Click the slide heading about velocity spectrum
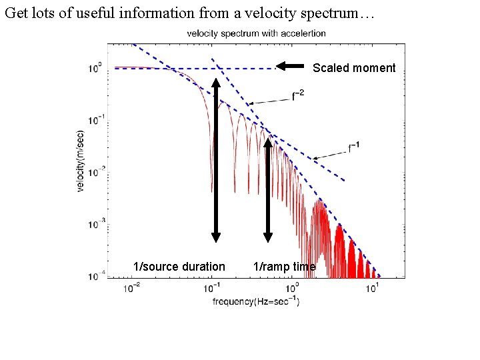point(190,13)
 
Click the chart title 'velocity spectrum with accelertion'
point(256,33)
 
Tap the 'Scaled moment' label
point(354,67)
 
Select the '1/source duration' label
point(179,267)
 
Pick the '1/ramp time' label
point(285,267)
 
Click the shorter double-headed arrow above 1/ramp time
point(268,189)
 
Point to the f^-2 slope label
point(299,96)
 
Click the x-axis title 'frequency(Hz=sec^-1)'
point(256,301)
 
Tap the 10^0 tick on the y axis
point(95,68)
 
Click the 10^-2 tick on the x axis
point(132,287)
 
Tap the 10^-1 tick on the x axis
point(212,287)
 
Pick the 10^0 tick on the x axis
point(293,287)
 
